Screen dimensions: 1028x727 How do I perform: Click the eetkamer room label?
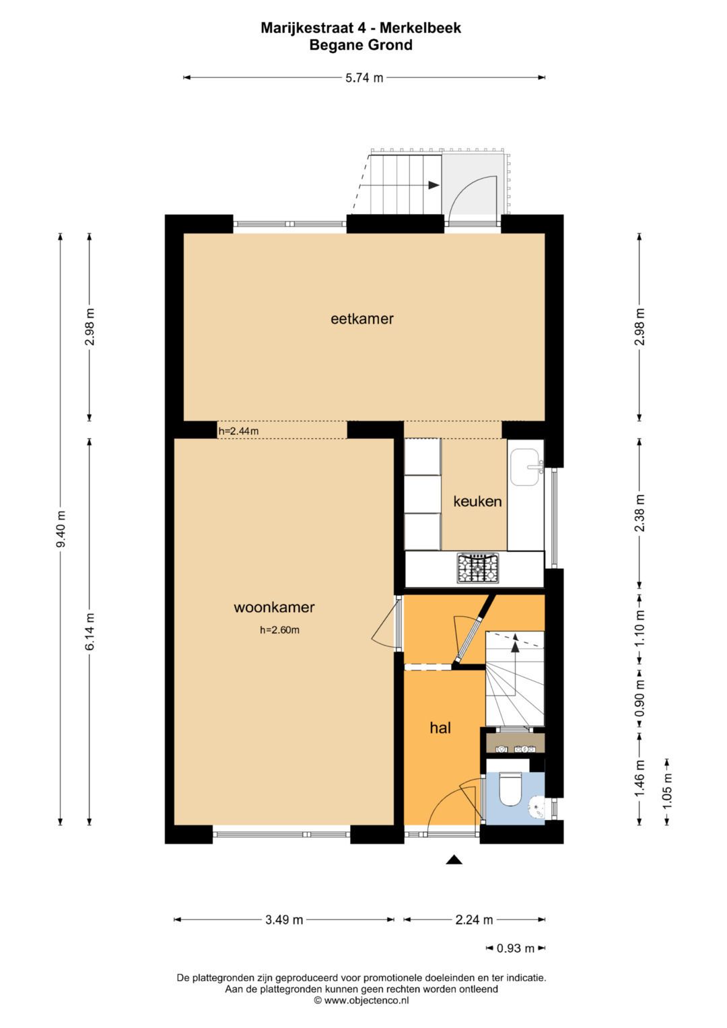pos(361,319)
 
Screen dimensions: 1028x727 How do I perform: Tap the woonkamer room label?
pos(274,607)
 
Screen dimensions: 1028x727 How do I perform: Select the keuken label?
pos(477,502)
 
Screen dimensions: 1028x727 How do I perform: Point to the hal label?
pos(440,728)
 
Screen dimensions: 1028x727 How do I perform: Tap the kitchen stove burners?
pos(478,568)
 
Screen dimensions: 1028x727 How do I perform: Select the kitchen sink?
pos(525,467)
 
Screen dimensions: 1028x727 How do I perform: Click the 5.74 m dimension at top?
pos(364,78)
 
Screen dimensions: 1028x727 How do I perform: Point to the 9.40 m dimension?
pos(61,528)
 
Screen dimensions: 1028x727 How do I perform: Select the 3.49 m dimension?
pos(284,920)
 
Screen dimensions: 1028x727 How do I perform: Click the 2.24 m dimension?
pos(474,920)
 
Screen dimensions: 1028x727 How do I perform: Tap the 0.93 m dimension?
pos(515,949)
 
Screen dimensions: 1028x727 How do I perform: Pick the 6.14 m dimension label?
pos(90,631)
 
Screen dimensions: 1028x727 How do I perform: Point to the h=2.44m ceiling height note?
pos(238,431)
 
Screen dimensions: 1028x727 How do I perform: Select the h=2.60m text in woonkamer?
pos(279,631)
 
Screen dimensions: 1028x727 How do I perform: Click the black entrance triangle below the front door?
pos(454,860)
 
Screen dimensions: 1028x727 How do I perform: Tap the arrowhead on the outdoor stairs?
pos(434,184)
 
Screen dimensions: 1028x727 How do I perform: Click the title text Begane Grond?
pos(361,46)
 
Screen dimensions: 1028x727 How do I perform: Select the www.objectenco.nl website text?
pos(366,1001)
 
